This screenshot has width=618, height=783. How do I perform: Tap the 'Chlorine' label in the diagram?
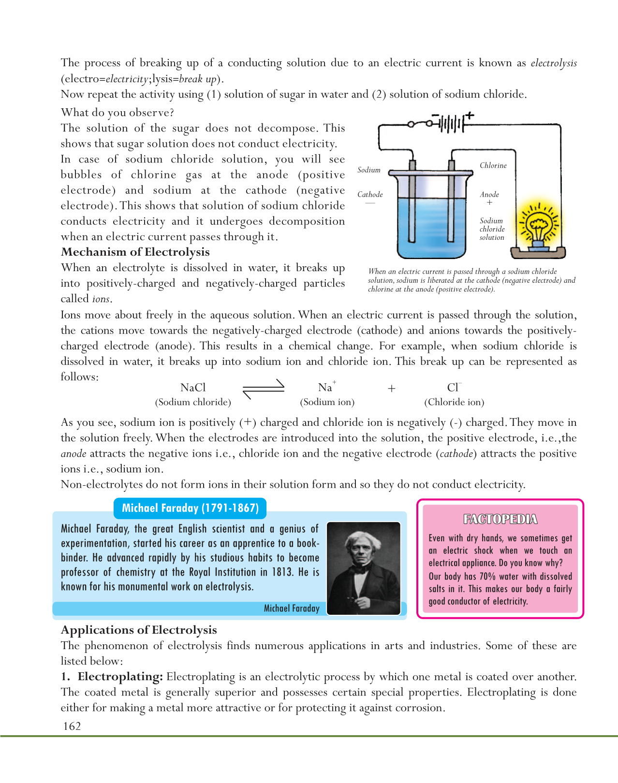coord(493,165)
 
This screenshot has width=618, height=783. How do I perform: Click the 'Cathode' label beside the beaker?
coord(370,194)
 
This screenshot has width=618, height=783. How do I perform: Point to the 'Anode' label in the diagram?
coord(489,194)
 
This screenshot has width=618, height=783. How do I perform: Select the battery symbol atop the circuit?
coord(452,123)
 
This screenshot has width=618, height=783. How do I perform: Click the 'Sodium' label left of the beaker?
coord(368,170)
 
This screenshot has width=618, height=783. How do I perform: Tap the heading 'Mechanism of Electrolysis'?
coord(135,252)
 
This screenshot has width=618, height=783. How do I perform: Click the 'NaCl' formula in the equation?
coord(192,388)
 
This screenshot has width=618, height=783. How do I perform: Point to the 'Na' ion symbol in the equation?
coord(325,388)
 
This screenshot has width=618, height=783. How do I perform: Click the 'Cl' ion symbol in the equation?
coord(453,388)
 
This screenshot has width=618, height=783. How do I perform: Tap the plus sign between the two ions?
coord(392,388)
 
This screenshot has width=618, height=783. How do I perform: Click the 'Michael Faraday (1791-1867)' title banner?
coord(190,508)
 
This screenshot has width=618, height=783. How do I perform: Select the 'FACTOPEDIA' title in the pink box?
coord(500,519)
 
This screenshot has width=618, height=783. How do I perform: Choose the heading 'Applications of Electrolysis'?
coord(139,630)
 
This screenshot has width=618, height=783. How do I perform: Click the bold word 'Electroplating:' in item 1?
coord(120,677)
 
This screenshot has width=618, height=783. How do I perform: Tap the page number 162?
coord(72,726)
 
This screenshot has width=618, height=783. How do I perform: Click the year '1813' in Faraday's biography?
coord(282,572)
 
